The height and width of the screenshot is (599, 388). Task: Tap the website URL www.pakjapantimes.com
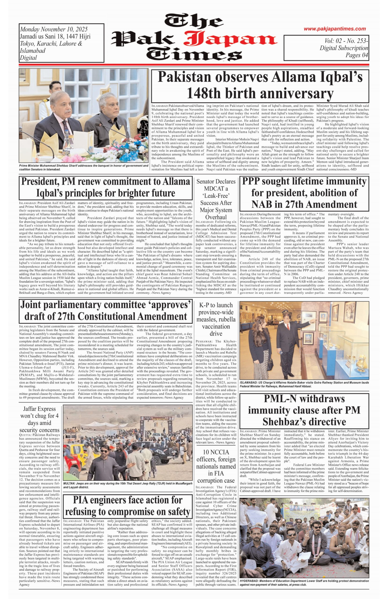pyautogui.click(x=335, y=29)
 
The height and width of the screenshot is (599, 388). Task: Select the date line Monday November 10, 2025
pyautogui.click(x=54, y=29)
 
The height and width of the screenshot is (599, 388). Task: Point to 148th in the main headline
pyautogui.click(x=203, y=94)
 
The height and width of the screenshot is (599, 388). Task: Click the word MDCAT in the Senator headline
pyautogui.click(x=216, y=189)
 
